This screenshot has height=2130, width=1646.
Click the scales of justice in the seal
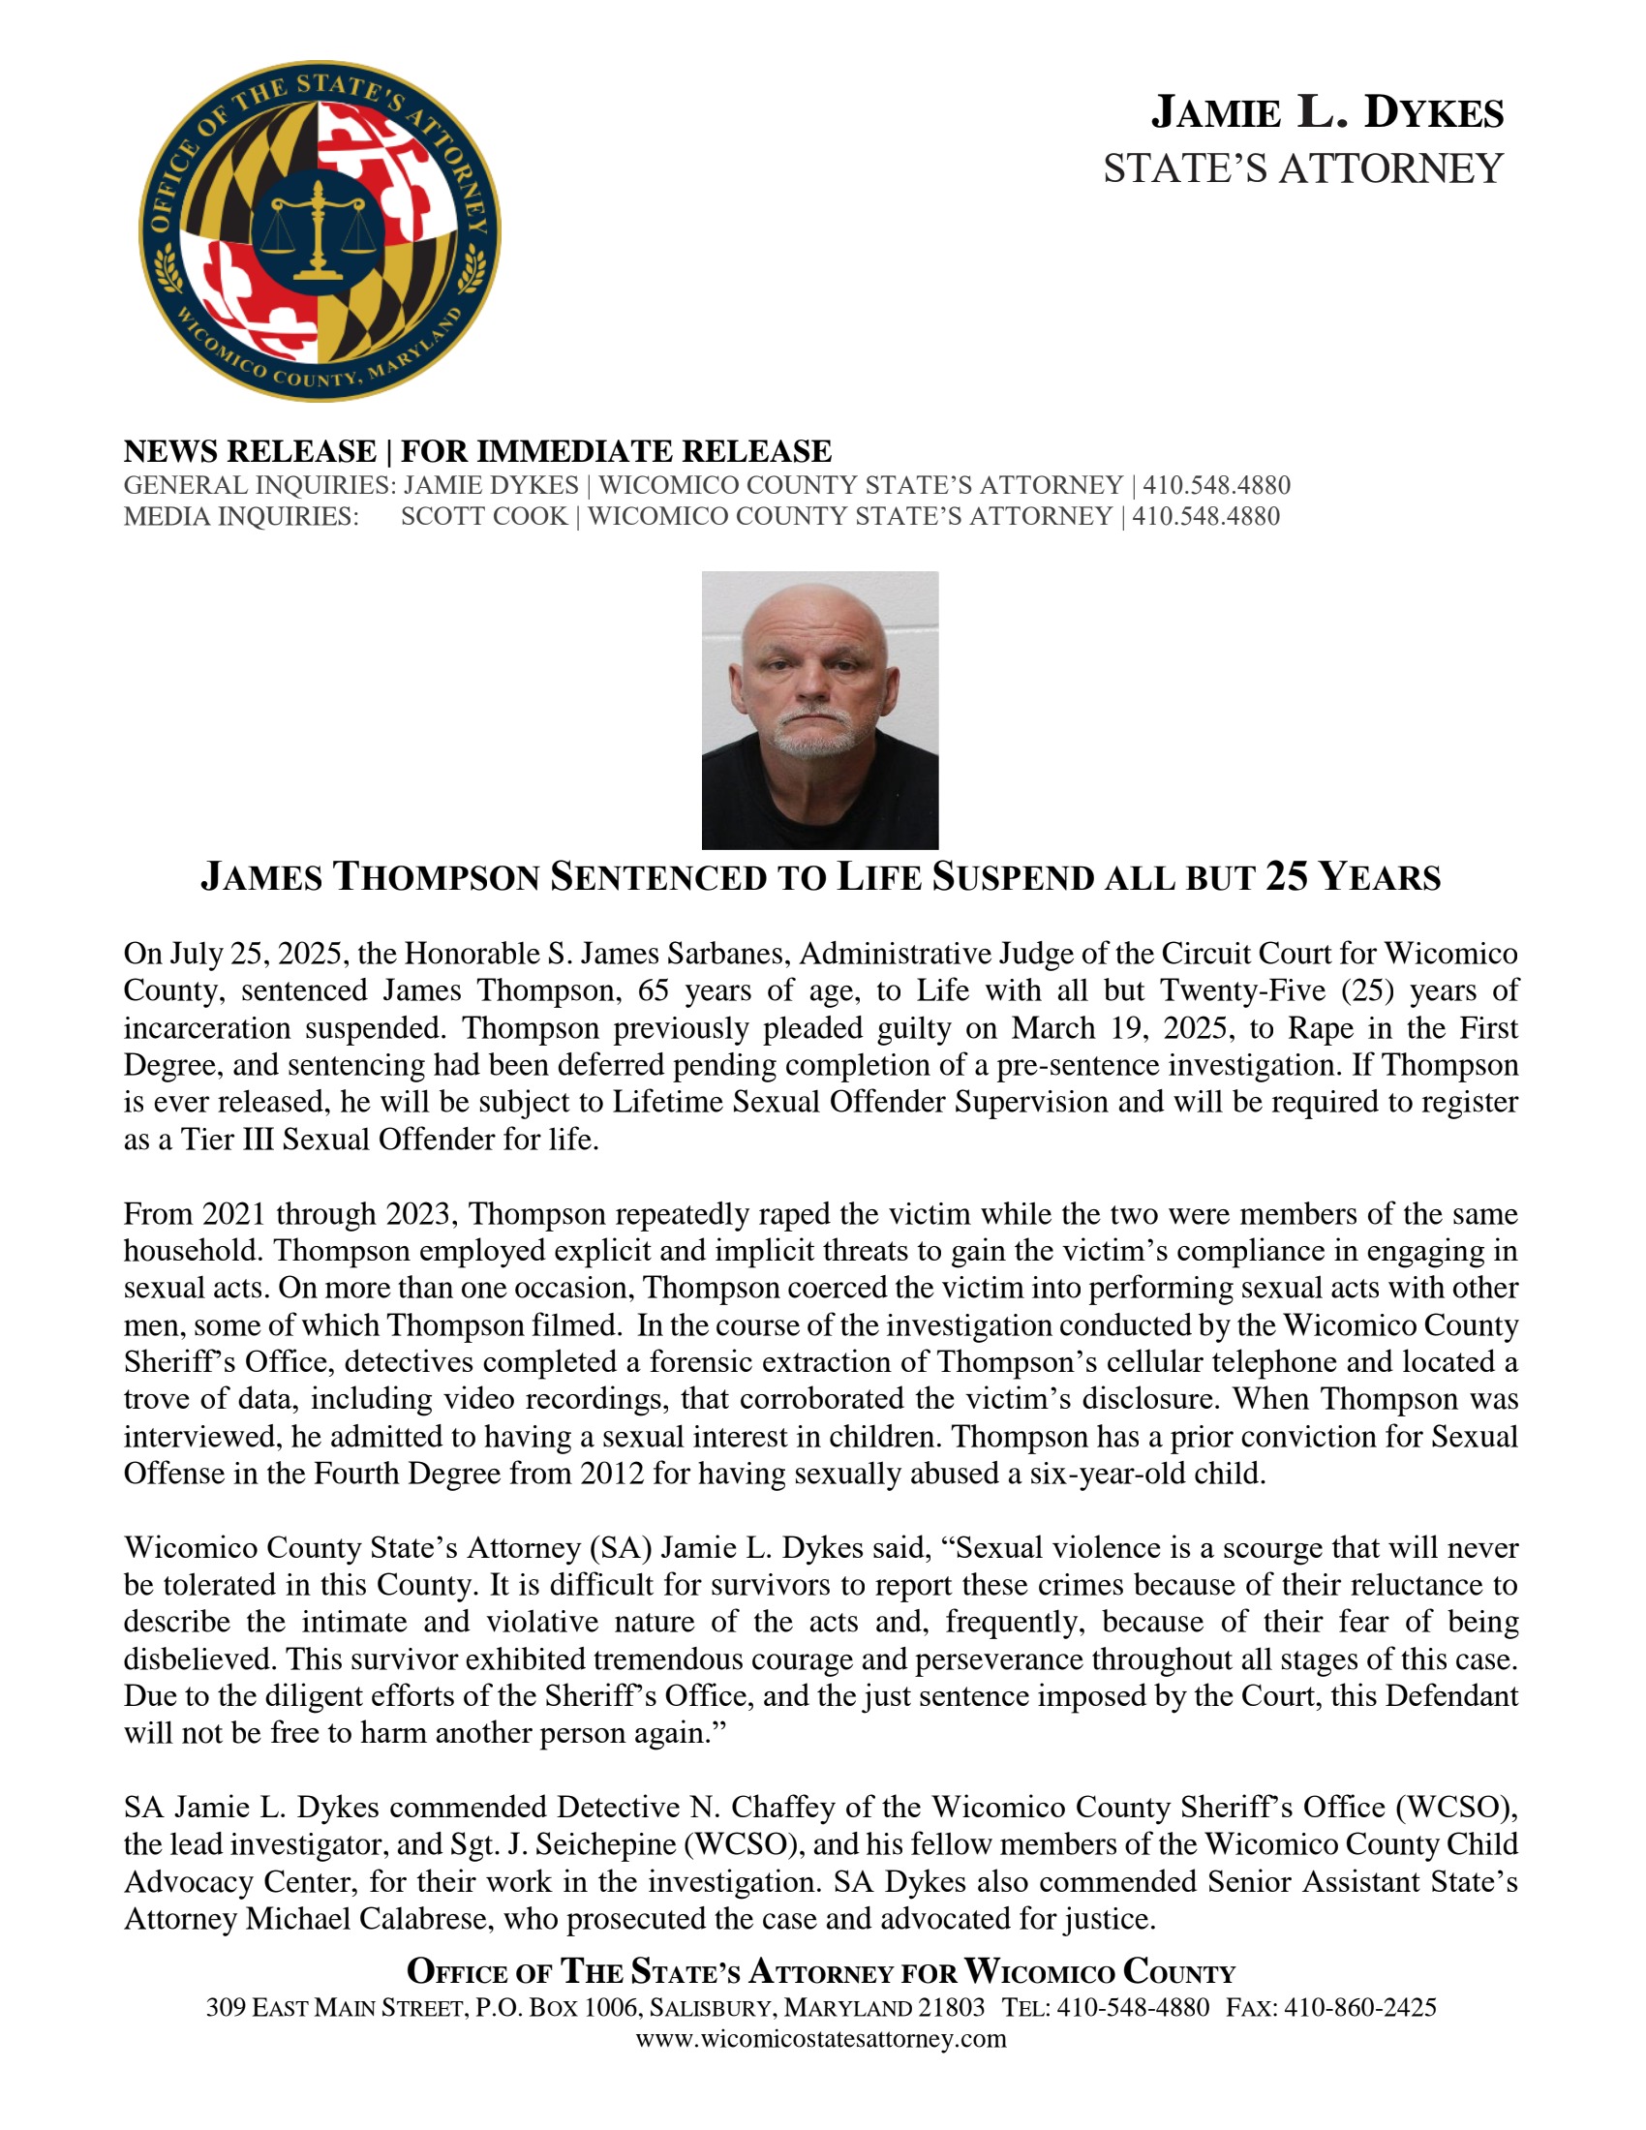tap(317, 228)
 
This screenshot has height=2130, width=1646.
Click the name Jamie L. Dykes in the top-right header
tap(1327, 113)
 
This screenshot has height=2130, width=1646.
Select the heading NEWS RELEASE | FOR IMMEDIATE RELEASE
tap(476, 451)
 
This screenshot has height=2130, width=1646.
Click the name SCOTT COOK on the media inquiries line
tap(484, 516)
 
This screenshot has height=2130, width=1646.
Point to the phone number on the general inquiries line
tap(1216, 485)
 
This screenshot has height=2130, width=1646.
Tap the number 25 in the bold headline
tap(1287, 877)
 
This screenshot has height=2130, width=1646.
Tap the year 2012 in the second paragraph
tap(611, 1473)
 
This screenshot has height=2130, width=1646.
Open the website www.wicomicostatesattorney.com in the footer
tap(821, 2038)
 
